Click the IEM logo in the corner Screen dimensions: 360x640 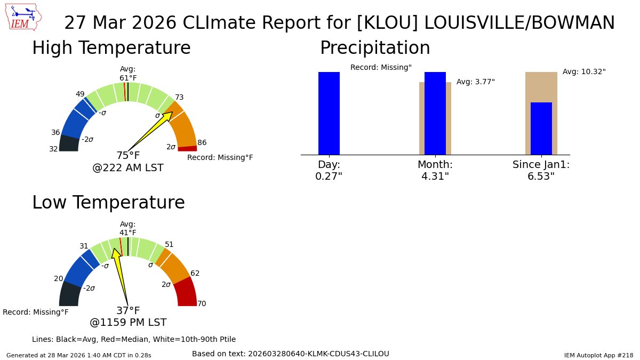25,18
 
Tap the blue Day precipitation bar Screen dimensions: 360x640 329,113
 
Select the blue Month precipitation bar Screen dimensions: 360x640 435,113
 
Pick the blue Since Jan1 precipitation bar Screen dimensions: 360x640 541,129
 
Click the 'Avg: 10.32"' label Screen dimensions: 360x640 584,71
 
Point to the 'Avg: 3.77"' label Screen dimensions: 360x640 475,82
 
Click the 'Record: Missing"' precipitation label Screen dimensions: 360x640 381,67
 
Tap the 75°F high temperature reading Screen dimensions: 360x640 128,156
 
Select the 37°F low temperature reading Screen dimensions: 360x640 128,310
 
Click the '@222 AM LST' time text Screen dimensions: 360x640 128,168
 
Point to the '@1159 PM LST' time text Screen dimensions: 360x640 128,323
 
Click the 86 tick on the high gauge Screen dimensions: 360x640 202,142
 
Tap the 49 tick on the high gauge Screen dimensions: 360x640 80,94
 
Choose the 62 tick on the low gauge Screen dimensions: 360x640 195,273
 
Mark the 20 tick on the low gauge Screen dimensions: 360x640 59,278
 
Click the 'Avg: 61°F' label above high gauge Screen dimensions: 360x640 128,74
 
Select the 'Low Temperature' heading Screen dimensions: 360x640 108,203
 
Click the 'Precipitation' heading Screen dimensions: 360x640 375,48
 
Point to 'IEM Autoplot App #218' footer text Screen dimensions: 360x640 598,355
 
